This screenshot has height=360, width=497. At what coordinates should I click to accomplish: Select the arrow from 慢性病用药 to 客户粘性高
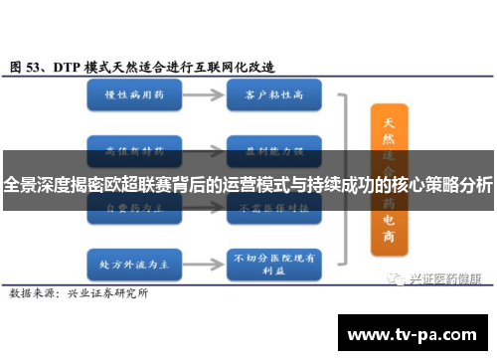[x=201, y=97]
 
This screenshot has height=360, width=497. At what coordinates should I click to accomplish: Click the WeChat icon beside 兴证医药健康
[x=397, y=251]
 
